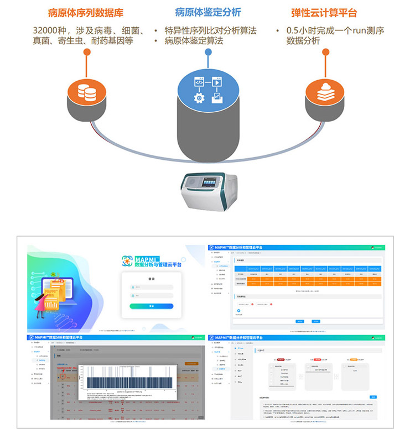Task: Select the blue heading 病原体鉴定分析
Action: [207, 12]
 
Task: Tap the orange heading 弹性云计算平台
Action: [324, 12]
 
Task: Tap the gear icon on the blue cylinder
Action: [199, 97]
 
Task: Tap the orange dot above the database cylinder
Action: [87, 53]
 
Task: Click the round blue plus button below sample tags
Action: [238, 311]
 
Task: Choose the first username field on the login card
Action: [152, 286]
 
